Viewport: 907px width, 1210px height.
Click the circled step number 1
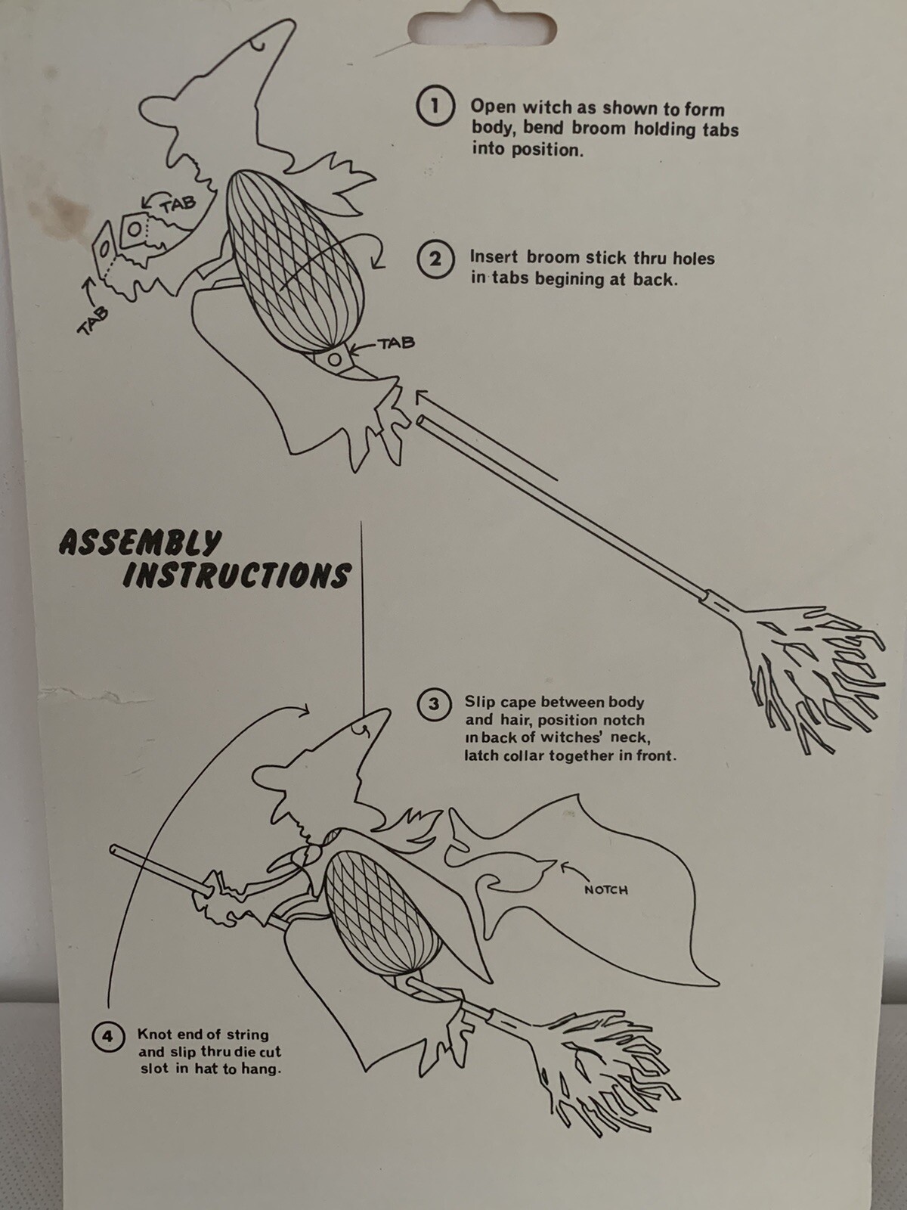click(435, 105)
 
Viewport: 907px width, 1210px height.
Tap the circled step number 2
click(435, 259)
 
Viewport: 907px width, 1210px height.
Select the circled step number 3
click(434, 705)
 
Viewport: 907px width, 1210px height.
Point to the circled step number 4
click(108, 1036)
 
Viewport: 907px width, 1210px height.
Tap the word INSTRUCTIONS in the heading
click(237, 576)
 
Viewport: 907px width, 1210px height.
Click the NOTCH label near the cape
click(605, 890)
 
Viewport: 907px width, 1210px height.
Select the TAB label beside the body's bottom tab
click(397, 343)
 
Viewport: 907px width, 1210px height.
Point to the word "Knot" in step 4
click(153, 1034)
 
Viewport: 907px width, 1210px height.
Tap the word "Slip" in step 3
click(479, 703)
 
